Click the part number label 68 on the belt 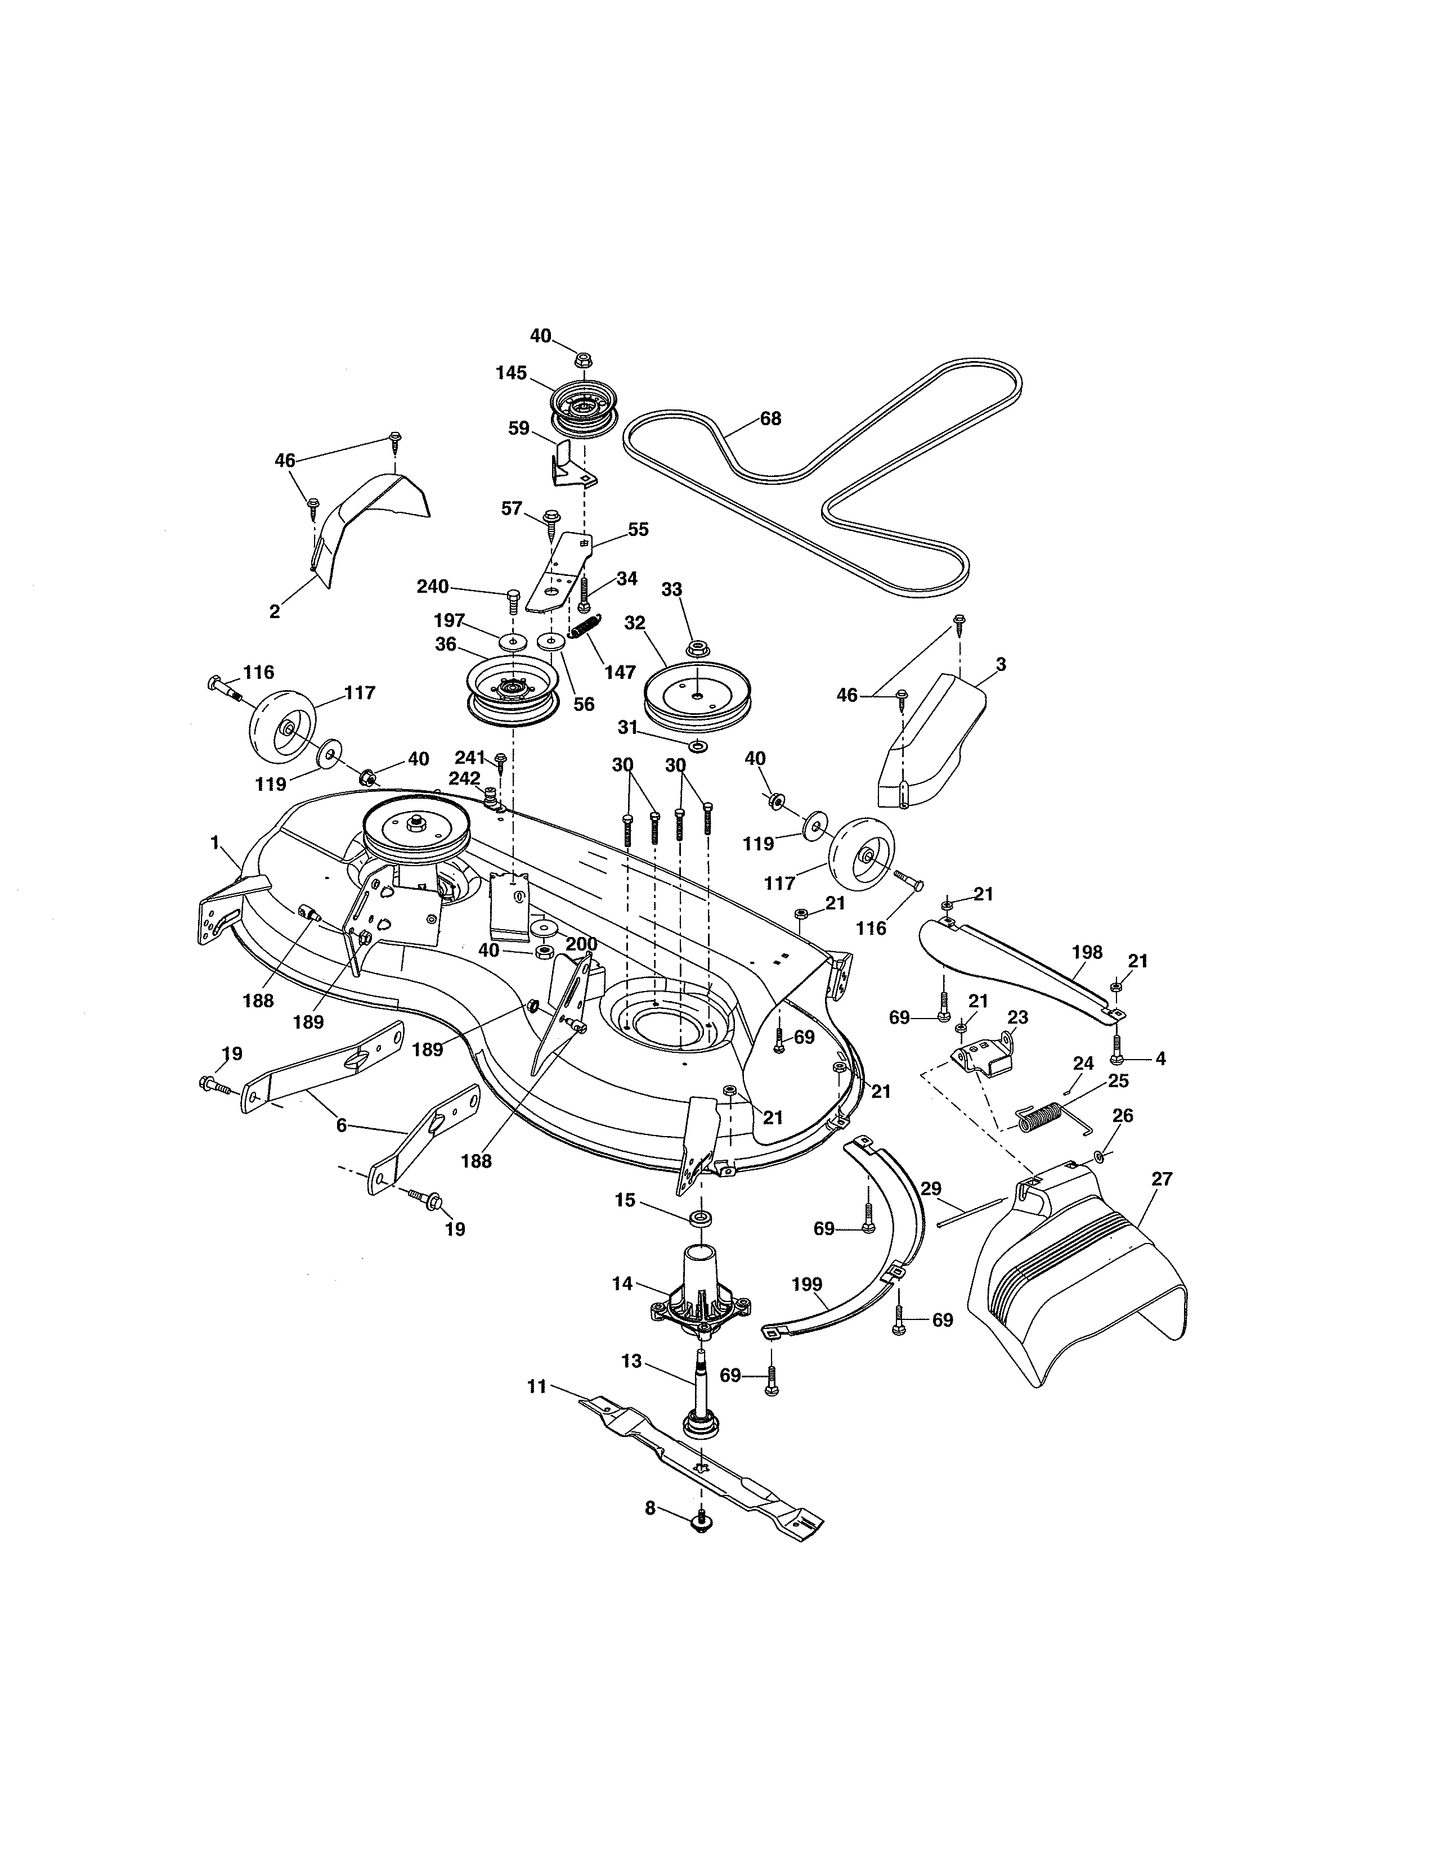click(x=770, y=419)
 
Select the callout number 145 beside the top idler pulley click(x=512, y=373)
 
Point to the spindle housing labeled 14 click(x=699, y=1304)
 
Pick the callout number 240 click(x=433, y=587)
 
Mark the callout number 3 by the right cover click(x=1001, y=665)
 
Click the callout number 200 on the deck click(x=581, y=944)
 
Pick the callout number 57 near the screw click(x=511, y=508)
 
